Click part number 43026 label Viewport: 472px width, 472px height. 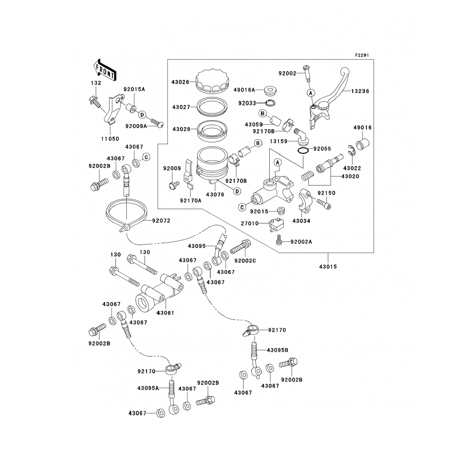180,82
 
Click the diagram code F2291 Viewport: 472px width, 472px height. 362,55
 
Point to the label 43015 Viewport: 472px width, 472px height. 328,267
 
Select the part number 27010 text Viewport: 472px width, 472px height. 250,223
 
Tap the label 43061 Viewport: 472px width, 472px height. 165,313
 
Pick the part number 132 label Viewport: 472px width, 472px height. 96,83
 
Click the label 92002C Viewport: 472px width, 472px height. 245,261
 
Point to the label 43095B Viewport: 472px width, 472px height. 278,350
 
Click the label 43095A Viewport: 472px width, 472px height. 148,388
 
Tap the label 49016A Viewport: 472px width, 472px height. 244,90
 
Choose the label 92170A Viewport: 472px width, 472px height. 191,200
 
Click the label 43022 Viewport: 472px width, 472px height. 352,168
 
